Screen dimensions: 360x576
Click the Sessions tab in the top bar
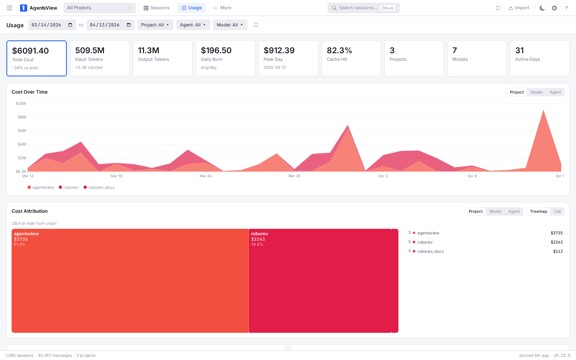[156, 8]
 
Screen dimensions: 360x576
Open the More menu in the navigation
[222, 8]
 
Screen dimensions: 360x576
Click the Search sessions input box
[358, 8]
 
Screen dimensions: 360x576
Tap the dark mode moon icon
[542, 8]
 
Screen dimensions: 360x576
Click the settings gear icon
[554, 8]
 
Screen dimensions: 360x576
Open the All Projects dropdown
[99, 8]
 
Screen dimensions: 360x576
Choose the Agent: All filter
[193, 25]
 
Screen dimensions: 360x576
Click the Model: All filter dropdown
[230, 25]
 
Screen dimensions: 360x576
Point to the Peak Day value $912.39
[279, 50]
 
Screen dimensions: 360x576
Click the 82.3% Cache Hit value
[339, 50]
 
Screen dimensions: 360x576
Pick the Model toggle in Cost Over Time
[536, 92]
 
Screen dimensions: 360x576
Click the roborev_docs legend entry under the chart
[101, 188]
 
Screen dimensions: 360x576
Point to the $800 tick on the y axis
[22, 117]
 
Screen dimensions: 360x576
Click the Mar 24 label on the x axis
[206, 176]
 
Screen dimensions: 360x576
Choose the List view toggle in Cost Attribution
[557, 212]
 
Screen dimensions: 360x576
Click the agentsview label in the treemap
[26, 234]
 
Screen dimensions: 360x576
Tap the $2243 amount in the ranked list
[556, 242]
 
